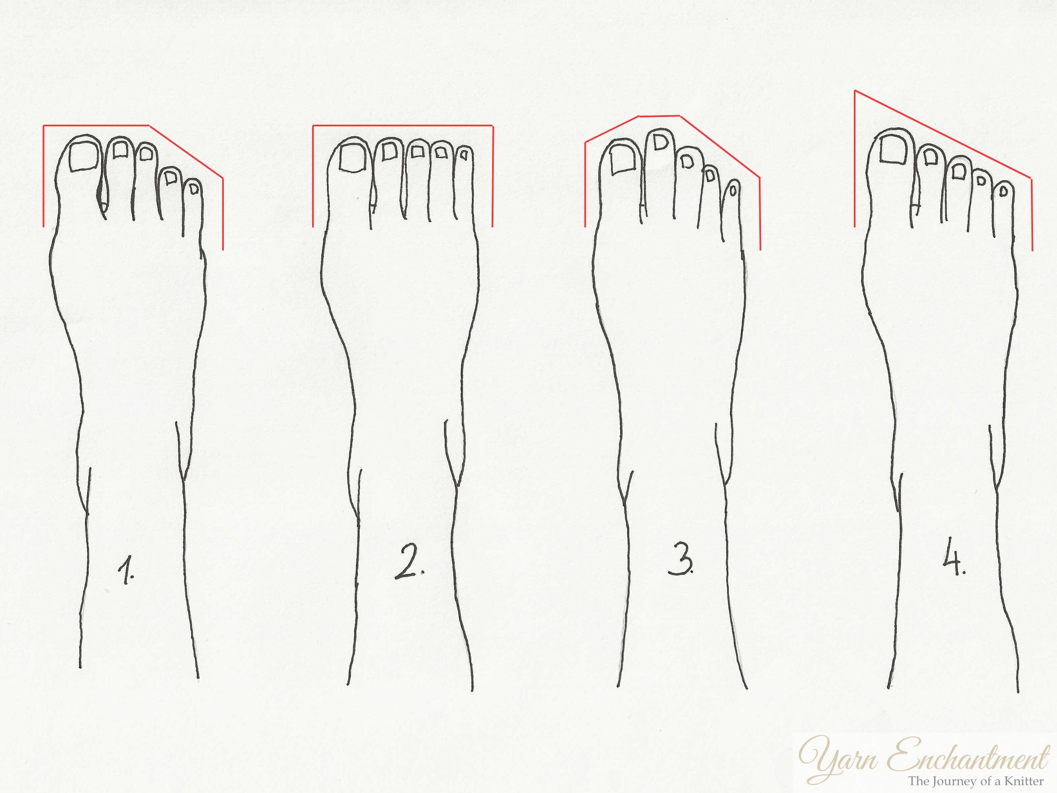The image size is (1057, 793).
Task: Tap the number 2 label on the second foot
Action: (x=408, y=566)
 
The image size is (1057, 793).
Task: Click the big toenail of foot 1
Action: (x=85, y=157)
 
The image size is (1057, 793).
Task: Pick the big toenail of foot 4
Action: (x=893, y=149)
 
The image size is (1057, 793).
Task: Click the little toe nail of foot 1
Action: (x=194, y=189)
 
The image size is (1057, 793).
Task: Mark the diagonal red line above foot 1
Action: (x=186, y=152)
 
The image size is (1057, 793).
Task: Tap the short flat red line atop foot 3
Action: (x=659, y=116)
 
